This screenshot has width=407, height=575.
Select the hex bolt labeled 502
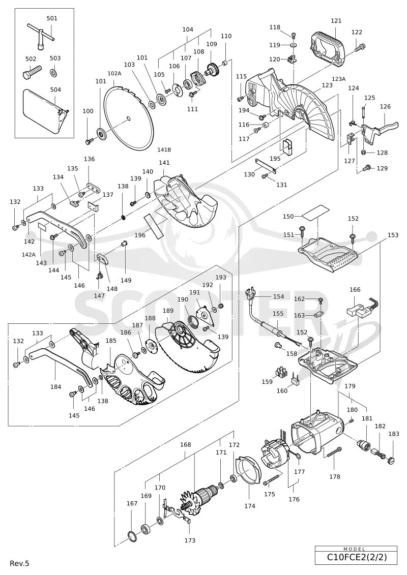click(x=32, y=72)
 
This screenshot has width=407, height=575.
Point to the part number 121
click(x=336, y=21)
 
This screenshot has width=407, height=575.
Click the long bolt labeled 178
click(x=333, y=452)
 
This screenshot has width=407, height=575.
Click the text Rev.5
click(x=19, y=563)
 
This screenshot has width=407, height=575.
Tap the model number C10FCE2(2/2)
click(x=357, y=558)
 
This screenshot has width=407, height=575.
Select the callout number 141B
click(x=164, y=149)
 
